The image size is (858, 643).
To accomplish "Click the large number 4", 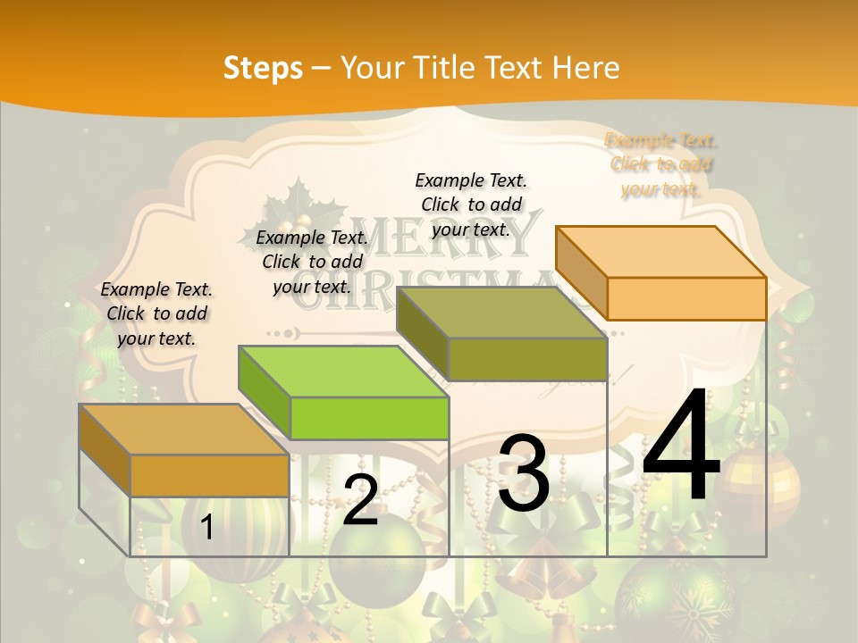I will pos(681,447).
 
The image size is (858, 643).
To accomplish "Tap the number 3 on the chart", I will pos(524,473).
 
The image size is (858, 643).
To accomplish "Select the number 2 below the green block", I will pos(360,500).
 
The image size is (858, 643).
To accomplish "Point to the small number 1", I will pos(206,528).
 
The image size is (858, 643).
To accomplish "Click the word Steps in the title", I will pos(263,68).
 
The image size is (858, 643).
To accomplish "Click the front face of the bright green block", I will pos(369,418).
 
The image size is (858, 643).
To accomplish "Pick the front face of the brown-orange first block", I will pos(209,475).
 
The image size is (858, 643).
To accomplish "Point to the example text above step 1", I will pos(156,313).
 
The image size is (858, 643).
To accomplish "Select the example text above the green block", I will pos(312,262).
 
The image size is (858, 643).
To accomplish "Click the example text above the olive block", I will pos(471,205).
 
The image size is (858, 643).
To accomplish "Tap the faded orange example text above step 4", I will pos(661,164).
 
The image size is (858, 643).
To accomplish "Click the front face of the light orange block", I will pos(686,298).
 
